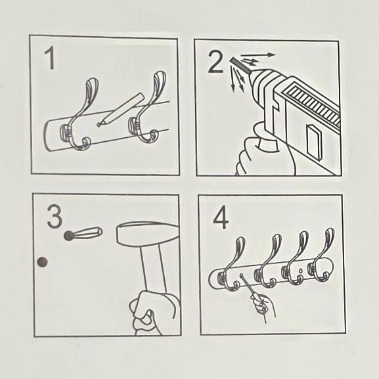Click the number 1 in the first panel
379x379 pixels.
(51, 58)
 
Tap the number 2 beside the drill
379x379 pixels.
(215, 62)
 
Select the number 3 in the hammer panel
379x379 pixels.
(55, 216)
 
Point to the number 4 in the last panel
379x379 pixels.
(221, 217)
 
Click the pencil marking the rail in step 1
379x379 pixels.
(121, 110)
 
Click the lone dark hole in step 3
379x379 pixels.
(42, 262)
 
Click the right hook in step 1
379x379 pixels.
(147, 110)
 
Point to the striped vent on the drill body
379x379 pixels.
(312, 102)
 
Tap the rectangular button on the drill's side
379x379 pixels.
(314, 140)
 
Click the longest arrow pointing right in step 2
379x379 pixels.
(258, 55)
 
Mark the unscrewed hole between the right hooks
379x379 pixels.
(300, 271)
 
